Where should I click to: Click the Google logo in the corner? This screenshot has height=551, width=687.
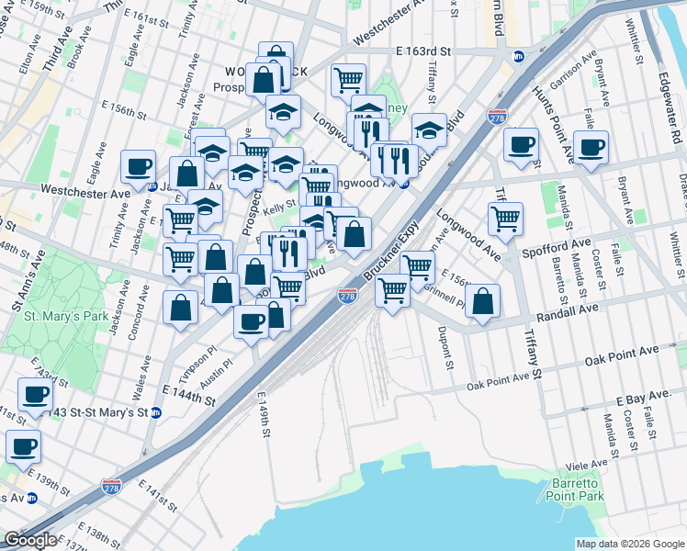[x=30, y=540]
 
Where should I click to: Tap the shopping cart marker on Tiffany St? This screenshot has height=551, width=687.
[x=505, y=219]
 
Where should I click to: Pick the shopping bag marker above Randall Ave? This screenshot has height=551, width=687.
[x=482, y=300]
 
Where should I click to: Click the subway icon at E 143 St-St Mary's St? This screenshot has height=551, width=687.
[x=156, y=412]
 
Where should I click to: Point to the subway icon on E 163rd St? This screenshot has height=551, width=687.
[x=518, y=55]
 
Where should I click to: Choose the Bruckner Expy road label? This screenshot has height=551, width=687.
[x=390, y=251]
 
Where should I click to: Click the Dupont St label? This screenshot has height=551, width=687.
[x=448, y=349]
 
